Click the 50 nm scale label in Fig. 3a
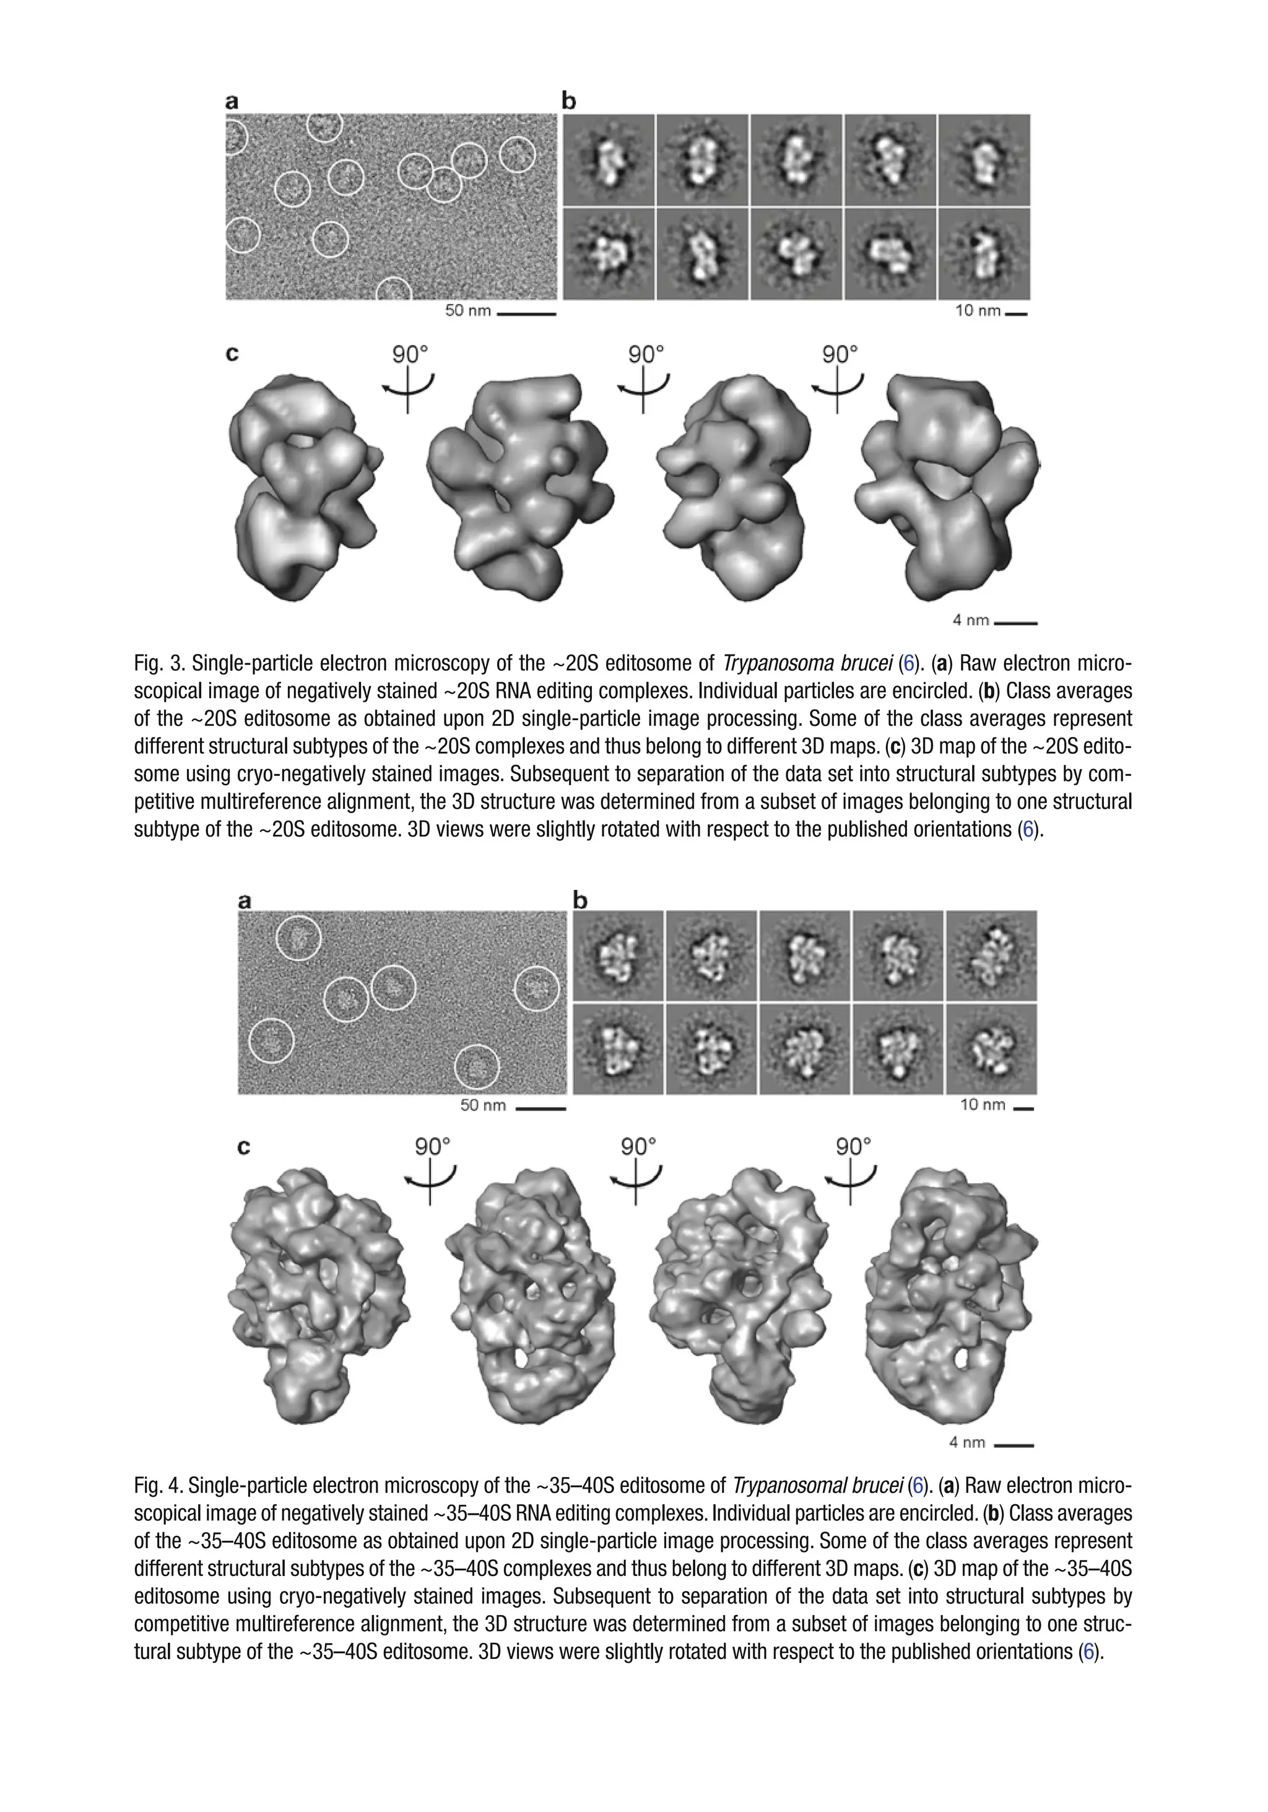(467, 311)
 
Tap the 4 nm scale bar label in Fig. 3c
(970, 621)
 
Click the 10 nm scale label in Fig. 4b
(981, 1105)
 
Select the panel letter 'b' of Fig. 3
(568, 101)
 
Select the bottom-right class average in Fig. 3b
(984, 253)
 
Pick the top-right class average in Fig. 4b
(991, 956)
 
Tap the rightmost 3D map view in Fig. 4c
(951, 1294)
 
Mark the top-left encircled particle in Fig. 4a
(299, 938)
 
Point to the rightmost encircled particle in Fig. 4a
(537, 988)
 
